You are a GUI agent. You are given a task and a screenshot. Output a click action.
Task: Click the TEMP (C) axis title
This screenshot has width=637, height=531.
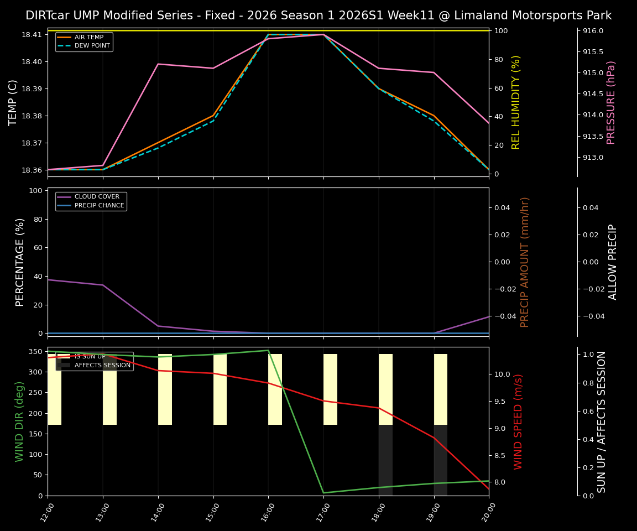13,102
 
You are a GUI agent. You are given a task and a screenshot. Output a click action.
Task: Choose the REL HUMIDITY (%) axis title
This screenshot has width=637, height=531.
516,102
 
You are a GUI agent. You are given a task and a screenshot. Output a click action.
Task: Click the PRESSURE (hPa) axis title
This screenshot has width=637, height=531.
611,102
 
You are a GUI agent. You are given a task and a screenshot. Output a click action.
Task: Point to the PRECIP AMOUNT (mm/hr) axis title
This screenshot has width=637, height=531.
525,262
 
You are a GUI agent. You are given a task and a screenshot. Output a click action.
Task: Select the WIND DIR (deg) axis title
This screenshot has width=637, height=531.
20,421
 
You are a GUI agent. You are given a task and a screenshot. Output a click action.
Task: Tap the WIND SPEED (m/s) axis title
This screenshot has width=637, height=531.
519,421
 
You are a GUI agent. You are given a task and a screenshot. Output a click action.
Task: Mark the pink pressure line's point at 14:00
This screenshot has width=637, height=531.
158,64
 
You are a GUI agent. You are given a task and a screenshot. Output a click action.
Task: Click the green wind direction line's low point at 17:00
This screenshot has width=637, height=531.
323,493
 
